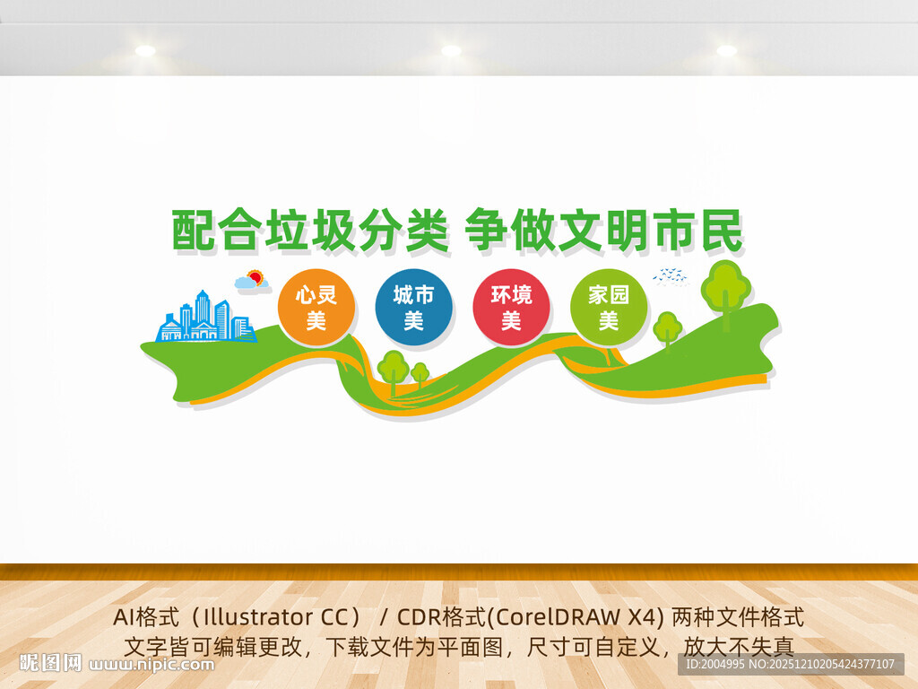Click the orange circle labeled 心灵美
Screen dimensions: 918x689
click(x=316, y=308)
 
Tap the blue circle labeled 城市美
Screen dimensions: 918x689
click(x=414, y=308)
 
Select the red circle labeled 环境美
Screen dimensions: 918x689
click(x=511, y=308)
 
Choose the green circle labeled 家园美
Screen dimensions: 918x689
click(x=609, y=308)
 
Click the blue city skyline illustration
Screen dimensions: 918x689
click(x=205, y=317)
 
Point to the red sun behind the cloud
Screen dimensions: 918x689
click(x=255, y=277)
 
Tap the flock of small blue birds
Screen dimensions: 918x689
click(x=671, y=275)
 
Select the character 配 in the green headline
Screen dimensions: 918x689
click(x=194, y=231)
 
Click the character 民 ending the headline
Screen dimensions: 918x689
click(x=722, y=231)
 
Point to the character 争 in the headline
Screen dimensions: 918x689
click(x=487, y=231)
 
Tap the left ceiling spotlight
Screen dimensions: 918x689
click(x=145, y=50)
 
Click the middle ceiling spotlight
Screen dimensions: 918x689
click(x=451, y=50)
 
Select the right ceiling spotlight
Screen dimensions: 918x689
click(x=726, y=50)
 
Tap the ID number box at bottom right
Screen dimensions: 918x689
click(x=791, y=664)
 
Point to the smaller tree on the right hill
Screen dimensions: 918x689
click(x=667, y=330)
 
